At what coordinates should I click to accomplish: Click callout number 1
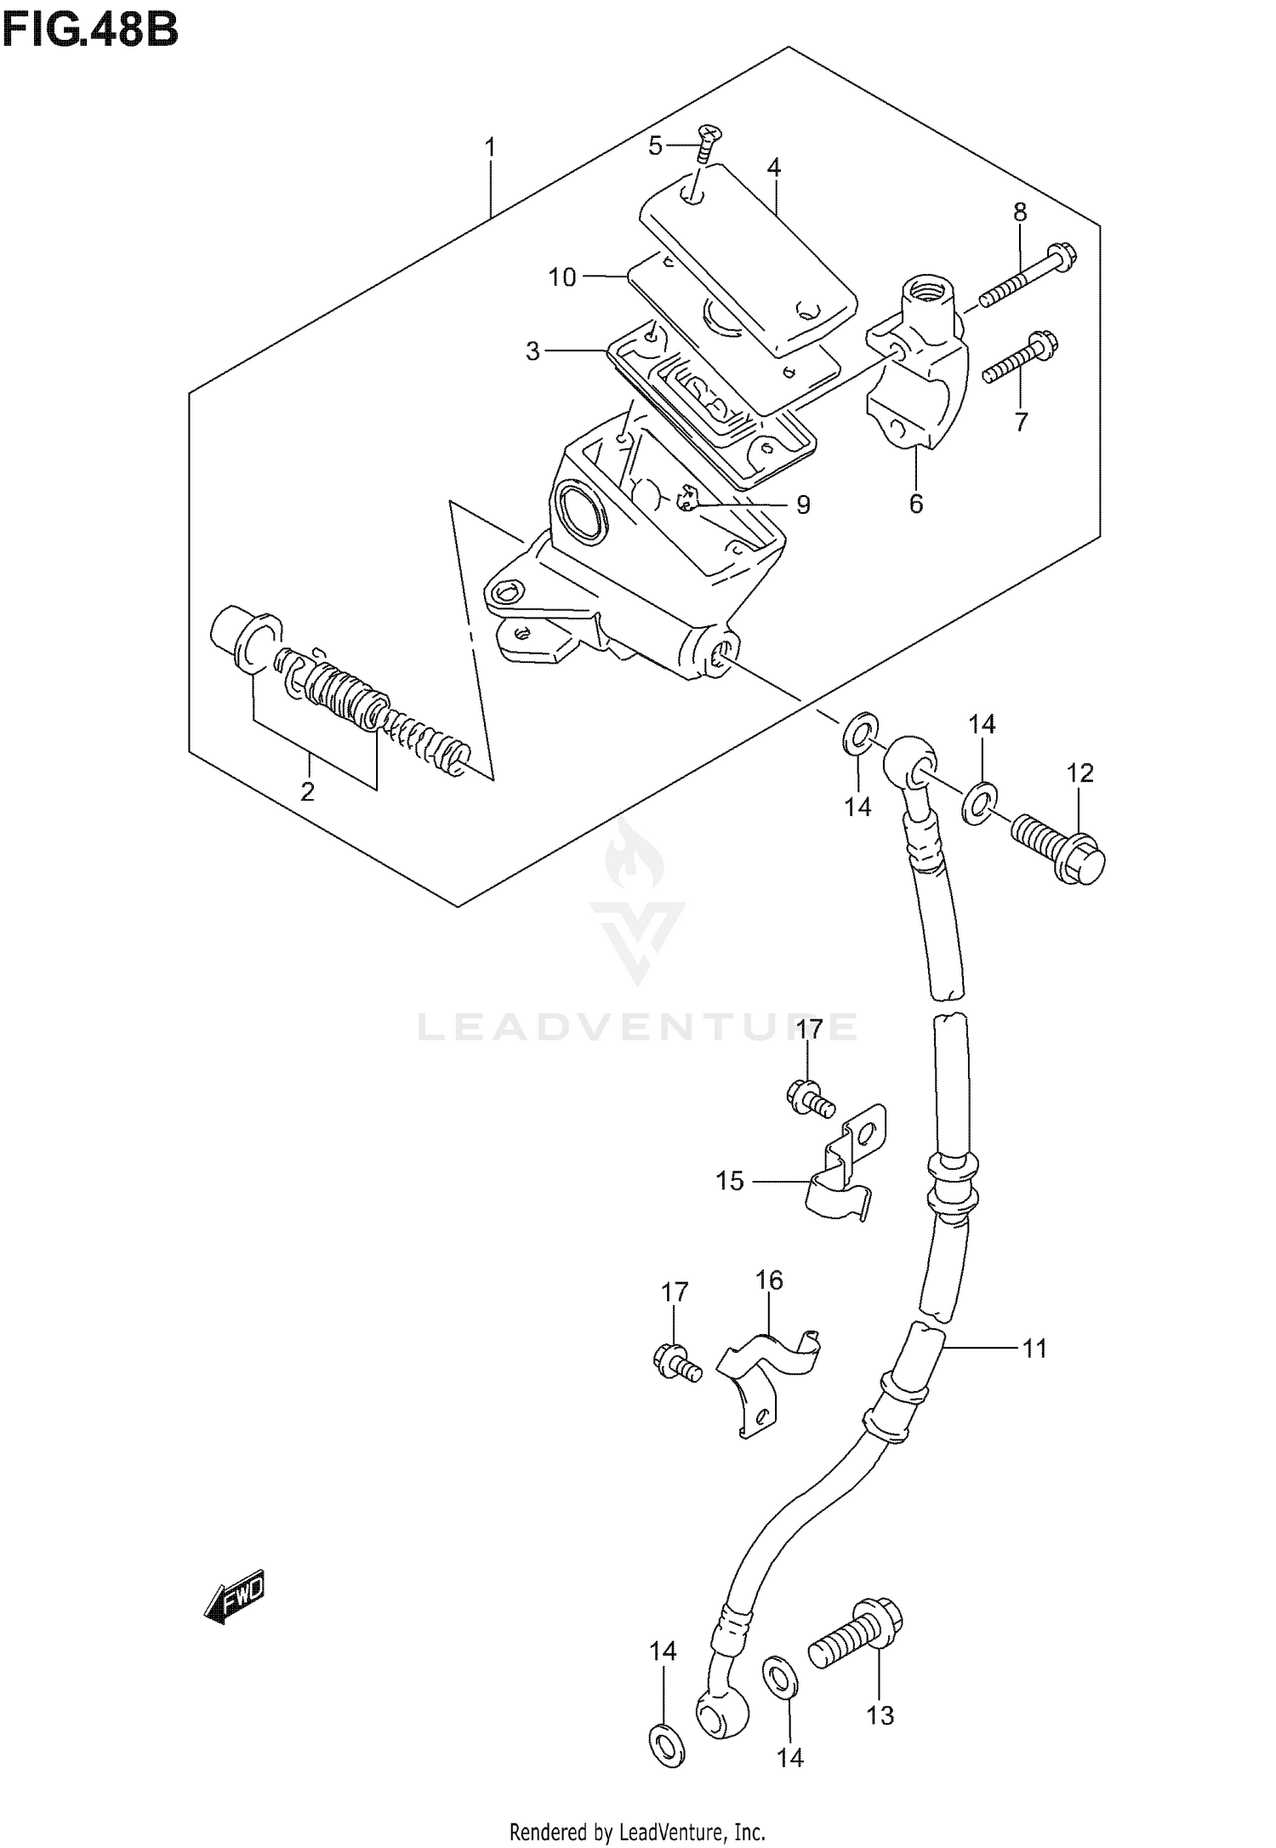[x=490, y=148]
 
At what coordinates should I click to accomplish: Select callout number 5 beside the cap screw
[x=654, y=146]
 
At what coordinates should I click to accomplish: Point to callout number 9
[x=802, y=505]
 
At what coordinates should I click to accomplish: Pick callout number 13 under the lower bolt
[x=881, y=1715]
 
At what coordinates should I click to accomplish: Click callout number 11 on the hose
[x=1034, y=1348]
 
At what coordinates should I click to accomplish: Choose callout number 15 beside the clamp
[x=730, y=1180]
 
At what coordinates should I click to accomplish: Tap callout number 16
[x=769, y=1303]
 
